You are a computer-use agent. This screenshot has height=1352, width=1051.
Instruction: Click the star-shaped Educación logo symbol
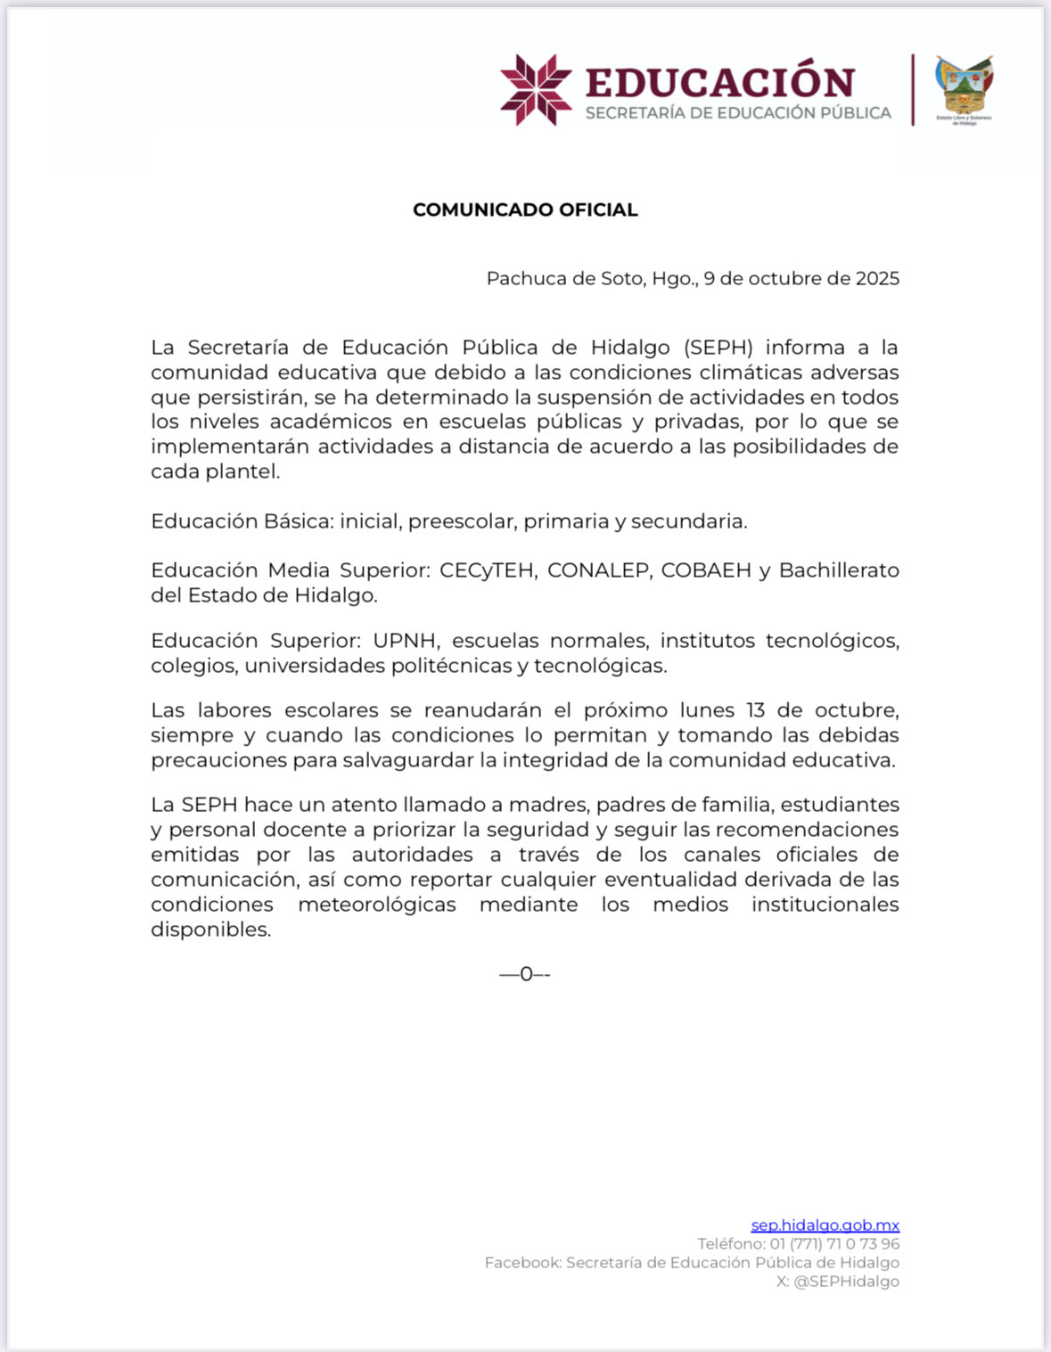coord(536,89)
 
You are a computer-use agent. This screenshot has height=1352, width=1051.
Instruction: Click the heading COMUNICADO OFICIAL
coord(525,210)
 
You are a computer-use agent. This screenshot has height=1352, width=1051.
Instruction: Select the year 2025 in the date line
coord(877,279)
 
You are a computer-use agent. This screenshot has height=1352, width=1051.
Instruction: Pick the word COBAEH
coord(706,570)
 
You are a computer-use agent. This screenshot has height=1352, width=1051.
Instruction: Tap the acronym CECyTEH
coord(488,570)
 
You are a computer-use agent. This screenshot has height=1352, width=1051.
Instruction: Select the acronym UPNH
coord(406,641)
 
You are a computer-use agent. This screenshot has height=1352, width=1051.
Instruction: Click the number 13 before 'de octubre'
coord(756,710)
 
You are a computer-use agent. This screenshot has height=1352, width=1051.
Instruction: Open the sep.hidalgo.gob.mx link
coord(825,1225)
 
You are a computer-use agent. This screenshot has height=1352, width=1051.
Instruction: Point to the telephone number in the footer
coord(834,1244)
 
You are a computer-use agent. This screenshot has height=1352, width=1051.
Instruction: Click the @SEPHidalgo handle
coord(846,1282)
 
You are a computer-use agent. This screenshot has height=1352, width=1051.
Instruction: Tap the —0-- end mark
coord(525,974)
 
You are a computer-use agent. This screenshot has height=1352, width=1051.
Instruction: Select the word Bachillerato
coord(839,570)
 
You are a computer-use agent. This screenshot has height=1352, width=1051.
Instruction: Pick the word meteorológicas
coord(377,905)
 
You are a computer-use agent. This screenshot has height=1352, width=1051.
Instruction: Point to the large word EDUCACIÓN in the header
coord(719,82)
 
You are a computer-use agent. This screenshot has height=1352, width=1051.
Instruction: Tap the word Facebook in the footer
coord(522,1263)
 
